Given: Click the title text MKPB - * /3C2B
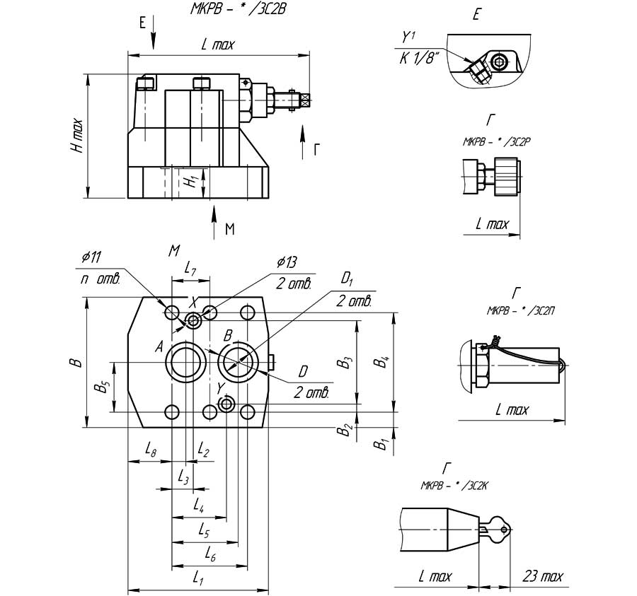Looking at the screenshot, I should pos(231,11).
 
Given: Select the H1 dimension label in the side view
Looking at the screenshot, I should pos(189,181).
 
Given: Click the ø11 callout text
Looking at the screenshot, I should pos(91,257).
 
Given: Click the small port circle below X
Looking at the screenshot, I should pos(193,322).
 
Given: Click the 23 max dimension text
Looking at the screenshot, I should pos(544,576).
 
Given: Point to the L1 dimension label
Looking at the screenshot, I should pos(199,579).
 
